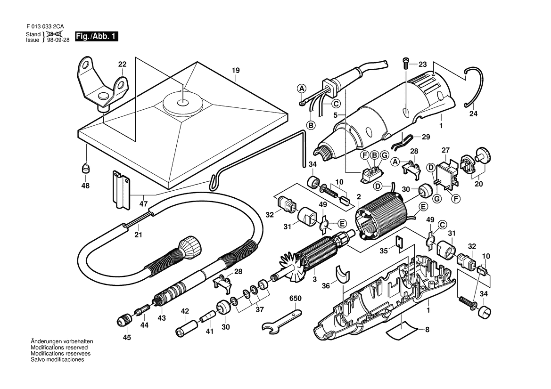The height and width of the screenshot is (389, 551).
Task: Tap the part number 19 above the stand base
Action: [x=235, y=71]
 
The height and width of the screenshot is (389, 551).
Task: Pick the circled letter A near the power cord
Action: [x=302, y=88]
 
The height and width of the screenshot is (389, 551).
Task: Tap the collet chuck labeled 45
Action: [x=123, y=321]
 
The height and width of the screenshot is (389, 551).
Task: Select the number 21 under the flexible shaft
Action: [x=138, y=235]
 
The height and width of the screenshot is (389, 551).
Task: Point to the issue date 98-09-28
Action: [x=58, y=41]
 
